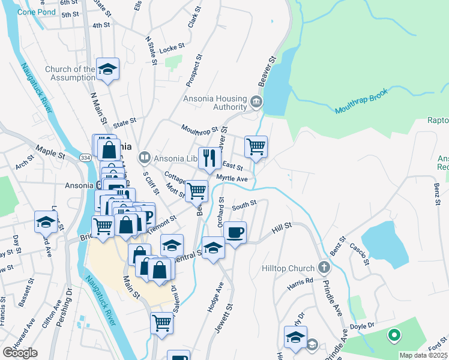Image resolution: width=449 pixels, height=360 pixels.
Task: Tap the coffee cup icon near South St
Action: pos(235,232)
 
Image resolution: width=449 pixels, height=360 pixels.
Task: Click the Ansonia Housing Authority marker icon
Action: pos(257,101)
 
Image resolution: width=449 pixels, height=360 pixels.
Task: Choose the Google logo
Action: pos(20,353)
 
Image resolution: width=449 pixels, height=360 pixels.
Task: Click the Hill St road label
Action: pos(282,226)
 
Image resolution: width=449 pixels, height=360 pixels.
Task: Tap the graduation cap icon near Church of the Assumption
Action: pos(108,69)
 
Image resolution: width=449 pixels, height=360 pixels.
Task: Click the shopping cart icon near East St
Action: pos(256,146)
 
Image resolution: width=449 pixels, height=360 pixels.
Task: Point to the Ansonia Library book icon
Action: pos(144,158)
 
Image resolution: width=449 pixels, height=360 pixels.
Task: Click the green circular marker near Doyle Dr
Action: pos(394,336)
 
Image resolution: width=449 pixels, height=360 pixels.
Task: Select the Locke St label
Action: pos(172,46)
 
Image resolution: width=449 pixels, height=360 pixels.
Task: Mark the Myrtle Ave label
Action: pos(232,179)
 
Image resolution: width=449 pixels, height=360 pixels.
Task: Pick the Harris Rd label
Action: pos(300,282)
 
